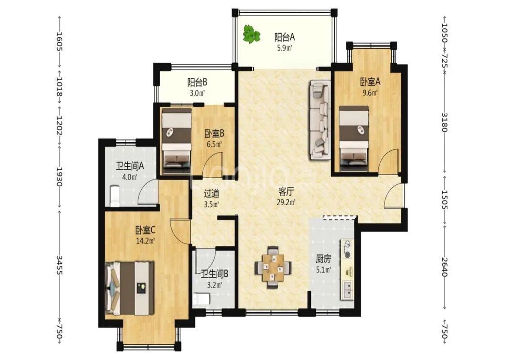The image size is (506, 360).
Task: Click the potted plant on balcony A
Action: pos(251,34)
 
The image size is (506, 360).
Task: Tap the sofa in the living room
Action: pos(320,120)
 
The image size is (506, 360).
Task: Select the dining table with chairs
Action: pos(273,267)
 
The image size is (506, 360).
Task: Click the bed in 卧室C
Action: pos(130,288)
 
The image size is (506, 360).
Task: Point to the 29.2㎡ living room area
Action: pos(286,203)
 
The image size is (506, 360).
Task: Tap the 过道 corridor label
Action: pos(212,193)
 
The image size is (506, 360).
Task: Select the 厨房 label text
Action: pos(323,259)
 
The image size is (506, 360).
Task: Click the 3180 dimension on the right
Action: pos(444,122)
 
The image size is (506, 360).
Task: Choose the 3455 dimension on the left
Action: pos(59,265)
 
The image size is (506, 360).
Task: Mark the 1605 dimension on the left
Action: pos(59,41)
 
